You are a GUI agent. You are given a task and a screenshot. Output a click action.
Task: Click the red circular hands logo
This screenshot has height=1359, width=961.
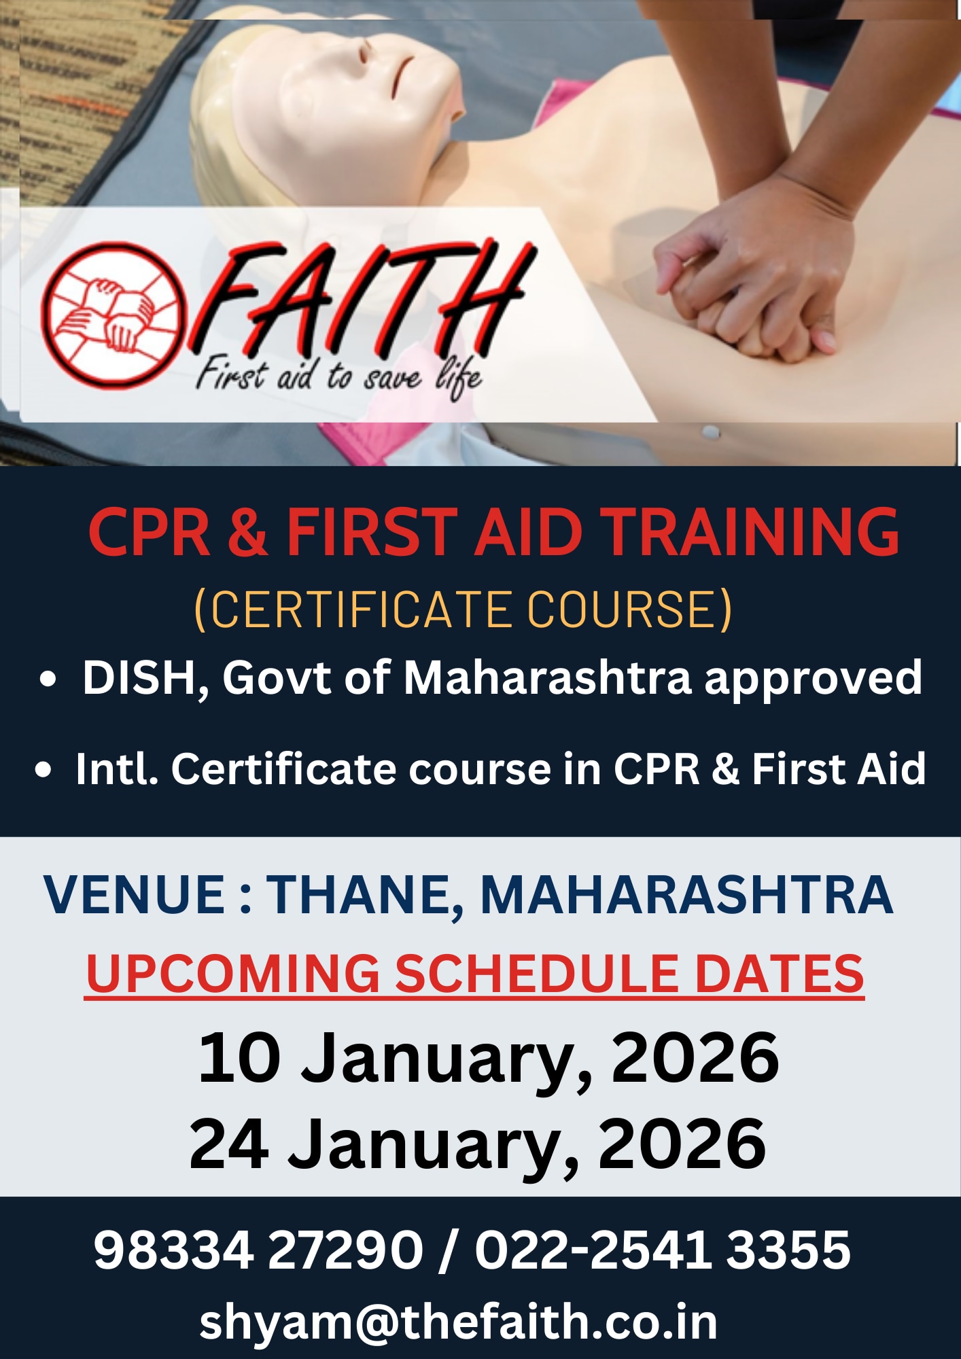click(112, 315)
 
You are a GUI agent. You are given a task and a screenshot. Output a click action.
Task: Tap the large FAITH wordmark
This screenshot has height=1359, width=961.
click(360, 299)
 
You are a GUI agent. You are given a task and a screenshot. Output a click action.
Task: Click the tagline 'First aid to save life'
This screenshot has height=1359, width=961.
click(338, 376)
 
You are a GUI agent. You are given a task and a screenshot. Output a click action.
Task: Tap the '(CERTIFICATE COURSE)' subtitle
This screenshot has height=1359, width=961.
click(464, 610)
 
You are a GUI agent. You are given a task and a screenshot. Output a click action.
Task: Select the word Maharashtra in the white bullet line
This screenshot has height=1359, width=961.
click(548, 678)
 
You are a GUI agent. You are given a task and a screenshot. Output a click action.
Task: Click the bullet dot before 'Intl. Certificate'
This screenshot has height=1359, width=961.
click(44, 770)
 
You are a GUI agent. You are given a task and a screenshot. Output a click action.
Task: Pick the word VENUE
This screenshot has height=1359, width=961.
click(134, 894)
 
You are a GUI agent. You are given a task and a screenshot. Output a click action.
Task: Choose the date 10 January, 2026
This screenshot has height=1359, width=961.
click(489, 1058)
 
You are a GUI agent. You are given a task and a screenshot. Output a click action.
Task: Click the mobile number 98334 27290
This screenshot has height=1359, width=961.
click(258, 1250)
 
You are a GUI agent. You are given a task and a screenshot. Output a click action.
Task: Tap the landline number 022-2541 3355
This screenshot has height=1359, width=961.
click(663, 1250)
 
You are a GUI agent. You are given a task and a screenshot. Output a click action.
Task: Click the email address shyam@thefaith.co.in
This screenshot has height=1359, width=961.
click(459, 1322)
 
